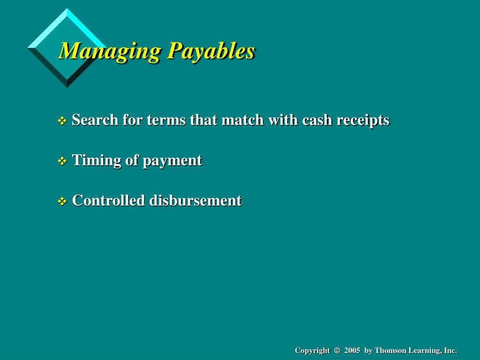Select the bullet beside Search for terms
click(62, 121)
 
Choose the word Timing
click(97, 160)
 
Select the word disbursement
click(195, 201)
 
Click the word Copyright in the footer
click(312, 351)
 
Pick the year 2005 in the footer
click(352, 351)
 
